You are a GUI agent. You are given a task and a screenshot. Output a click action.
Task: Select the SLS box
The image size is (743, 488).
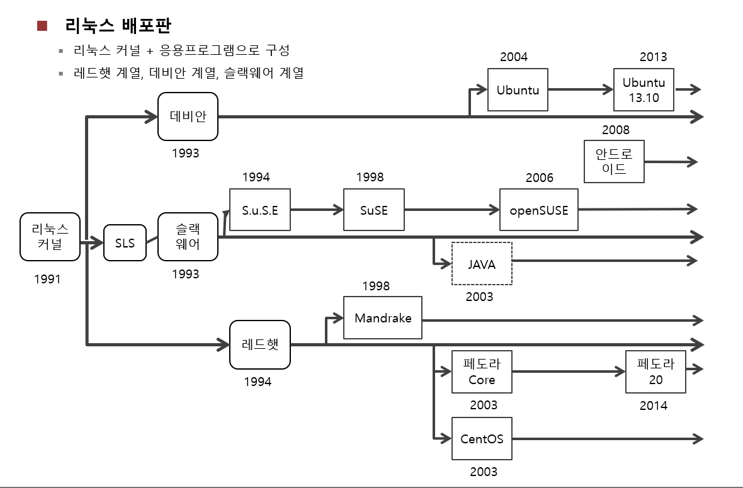125,242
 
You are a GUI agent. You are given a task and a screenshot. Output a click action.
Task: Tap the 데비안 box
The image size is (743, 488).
188,116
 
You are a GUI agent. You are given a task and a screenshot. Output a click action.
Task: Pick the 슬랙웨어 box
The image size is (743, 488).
188,237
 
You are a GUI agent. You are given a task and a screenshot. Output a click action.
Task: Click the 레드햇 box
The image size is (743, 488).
259,344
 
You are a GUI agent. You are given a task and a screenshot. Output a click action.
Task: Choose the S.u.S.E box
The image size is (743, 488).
260,210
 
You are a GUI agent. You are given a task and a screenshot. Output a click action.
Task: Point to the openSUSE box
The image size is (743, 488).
538,210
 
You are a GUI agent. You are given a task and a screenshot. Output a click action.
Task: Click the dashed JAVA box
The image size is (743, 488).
482,264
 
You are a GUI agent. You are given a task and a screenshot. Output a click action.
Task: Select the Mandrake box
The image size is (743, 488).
383,318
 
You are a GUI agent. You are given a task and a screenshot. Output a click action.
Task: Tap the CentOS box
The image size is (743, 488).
482,438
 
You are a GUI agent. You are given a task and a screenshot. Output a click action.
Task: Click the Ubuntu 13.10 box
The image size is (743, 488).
644,90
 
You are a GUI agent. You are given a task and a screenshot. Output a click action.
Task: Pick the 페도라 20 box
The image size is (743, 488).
655,372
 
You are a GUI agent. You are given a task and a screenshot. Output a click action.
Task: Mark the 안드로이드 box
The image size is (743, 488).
614,162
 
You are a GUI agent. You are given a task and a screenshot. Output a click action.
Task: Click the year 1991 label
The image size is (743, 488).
47,278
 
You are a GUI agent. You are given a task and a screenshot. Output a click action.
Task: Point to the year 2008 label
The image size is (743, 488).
615,130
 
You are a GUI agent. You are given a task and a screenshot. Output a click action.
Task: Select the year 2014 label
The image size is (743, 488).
653,406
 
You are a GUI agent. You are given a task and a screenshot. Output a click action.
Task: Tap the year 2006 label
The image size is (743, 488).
540,178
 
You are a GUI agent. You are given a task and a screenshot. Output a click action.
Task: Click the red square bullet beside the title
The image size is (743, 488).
42,26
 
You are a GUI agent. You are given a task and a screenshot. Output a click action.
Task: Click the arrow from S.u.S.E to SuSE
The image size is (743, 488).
317,210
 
